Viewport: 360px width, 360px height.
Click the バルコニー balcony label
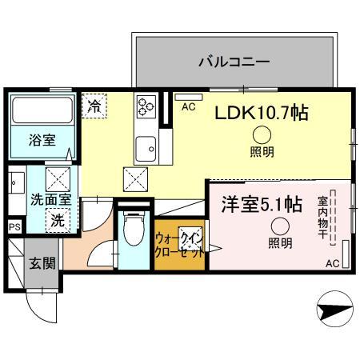(x=233, y=61)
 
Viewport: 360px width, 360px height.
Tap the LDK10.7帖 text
(x=260, y=114)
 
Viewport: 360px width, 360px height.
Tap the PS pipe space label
(x=14, y=227)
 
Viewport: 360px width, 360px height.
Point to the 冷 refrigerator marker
(x=94, y=105)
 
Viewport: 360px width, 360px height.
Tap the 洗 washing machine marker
(x=57, y=219)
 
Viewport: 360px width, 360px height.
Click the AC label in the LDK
(x=189, y=106)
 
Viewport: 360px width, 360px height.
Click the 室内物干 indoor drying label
(x=322, y=217)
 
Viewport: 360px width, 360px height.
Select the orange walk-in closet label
(x=177, y=242)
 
